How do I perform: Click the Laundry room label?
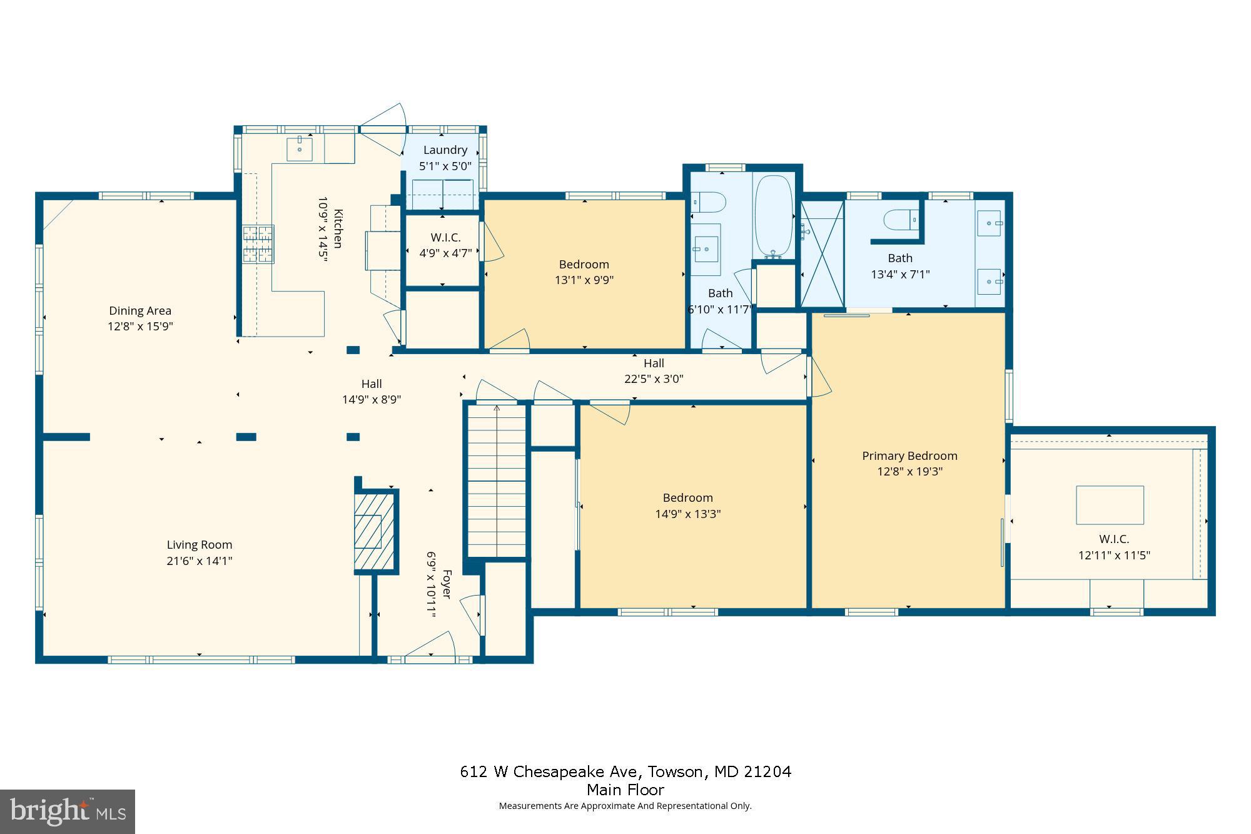tap(445, 150)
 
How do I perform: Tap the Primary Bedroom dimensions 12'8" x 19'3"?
tap(909, 472)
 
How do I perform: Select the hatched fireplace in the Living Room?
tap(374, 531)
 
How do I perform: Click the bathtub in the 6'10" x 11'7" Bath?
tap(774, 216)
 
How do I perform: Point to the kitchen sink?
tap(300, 149)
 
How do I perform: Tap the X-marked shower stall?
tap(822, 254)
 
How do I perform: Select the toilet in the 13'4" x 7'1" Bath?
tap(899, 220)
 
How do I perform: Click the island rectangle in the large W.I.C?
tap(1110, 505)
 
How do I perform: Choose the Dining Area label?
tap(140, 310)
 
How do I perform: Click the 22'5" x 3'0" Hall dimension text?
tap(654, 379)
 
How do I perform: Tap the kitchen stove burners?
tap(258, 244)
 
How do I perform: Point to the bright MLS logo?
tap(68, 811)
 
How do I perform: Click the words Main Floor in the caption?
tap(625, 790)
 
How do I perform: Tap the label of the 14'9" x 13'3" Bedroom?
tap(687, 498)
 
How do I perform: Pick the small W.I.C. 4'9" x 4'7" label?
tap(445, 238)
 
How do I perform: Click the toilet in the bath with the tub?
tap(709, 202)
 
